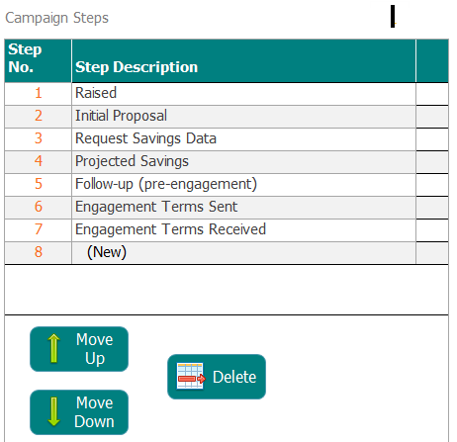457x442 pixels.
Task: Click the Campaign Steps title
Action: pos(56,18)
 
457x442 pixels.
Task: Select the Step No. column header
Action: pos(25,58)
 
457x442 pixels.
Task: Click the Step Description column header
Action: pos(137,67)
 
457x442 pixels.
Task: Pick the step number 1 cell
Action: pos(39,93)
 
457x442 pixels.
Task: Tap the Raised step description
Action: pos(96,93)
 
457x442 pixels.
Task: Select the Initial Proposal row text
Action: pos(121,116)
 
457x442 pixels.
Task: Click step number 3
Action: pos(39,138)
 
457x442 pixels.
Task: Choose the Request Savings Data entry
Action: pos(145,138)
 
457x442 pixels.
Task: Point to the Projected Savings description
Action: pos(132,161)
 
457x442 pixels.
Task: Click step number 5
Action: pos(39,184)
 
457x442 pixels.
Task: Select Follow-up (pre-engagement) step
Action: pos(166,184)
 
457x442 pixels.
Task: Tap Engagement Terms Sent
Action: pos(156,207)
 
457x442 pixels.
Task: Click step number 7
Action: pos(39,229)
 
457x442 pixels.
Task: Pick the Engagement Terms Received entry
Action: pos(170,229)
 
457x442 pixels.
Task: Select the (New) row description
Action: pos(107,252)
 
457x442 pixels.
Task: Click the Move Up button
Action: pos(79,349)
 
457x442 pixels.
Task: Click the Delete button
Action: pos(217,377)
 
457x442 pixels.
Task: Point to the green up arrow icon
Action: pos(53,348)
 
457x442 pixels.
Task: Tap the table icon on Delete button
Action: pos(191,376)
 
